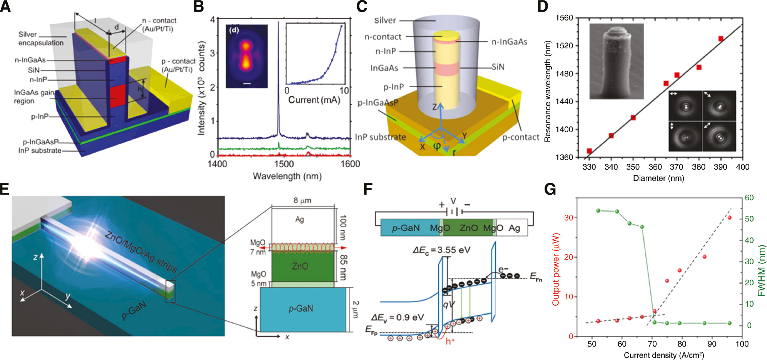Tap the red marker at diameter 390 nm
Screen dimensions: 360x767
click(x=720, y=39)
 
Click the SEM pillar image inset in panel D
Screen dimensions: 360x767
click(x=616, y=62)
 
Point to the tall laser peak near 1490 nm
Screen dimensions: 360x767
click(x=278, y=77)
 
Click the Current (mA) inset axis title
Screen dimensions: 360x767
click(x=314, y=100)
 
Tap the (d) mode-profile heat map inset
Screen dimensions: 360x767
click(x=246, y=57)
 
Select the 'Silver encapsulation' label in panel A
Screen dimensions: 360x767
click(x=41, y=38)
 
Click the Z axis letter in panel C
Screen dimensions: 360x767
click(x=434, y=107)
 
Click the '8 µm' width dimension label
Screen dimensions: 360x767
click(x=302, y=200)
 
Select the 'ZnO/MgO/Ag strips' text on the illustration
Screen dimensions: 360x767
click(x=140, y=252)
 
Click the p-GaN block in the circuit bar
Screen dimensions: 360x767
click(x=405, y=228)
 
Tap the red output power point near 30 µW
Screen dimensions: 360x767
click(x=729, y=218)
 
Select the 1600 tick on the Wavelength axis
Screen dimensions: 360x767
click(x=350, y=164)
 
